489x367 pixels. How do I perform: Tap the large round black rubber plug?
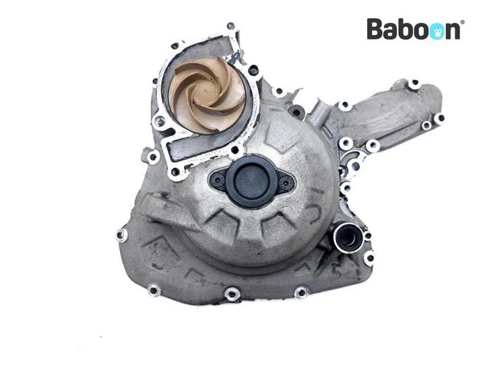pyautogui.click(x=251, y=181)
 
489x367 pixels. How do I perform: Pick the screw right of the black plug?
pyautogui.click(x=286, y=183)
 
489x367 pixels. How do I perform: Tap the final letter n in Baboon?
pyautogui.click(x=453, y=31)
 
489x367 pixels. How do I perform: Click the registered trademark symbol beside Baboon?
pyautogui.click(x=463, y=22)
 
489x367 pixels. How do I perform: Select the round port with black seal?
pyautogui.click(x=346, y=238)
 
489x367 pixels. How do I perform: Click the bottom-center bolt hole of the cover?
pyautogui.click(x=232, y=294)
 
